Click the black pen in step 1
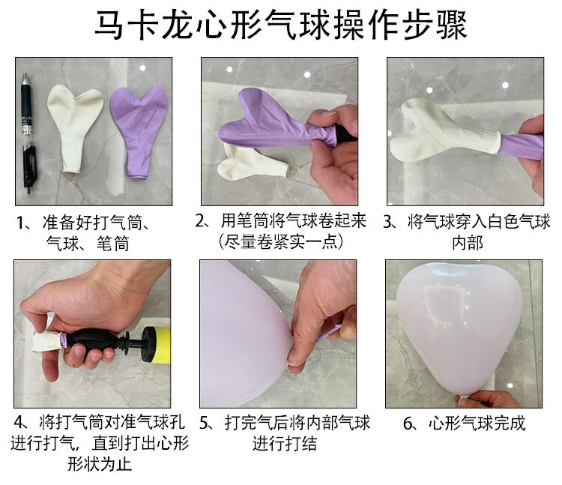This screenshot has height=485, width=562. [27, 133]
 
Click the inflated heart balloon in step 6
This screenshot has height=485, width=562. [460, 330]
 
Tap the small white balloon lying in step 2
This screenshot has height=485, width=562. [251, 162]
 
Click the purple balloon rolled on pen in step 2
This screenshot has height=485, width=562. [276, 120]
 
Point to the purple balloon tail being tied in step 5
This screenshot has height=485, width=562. [328, 334]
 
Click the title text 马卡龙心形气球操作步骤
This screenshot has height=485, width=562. [281, 25]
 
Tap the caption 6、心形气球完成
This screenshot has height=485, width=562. [464, 424]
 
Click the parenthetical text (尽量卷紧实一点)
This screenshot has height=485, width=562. [281, 241]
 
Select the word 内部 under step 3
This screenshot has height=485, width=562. [468, 242]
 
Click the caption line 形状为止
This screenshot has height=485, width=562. [100, 464]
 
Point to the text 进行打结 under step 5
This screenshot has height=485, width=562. [285, 444]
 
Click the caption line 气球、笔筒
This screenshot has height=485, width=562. [88, 244]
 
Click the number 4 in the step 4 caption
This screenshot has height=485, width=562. [18, 422]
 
